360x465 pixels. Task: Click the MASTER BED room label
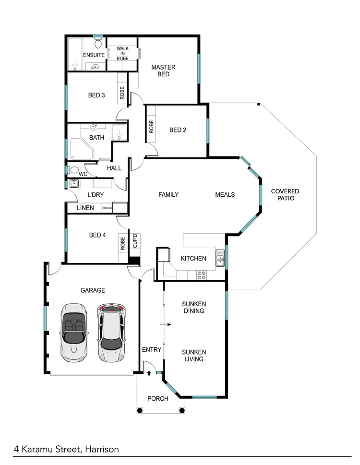[163, 71]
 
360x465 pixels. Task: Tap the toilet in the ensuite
[98, 44]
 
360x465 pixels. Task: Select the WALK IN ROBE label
[122, 53]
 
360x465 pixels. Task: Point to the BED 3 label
[96, 95]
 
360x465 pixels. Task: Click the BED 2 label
[178, 130]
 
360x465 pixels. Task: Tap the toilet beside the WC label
[72, 170]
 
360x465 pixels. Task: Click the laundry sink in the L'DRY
[74, 183]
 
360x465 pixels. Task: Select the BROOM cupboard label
[107, 208]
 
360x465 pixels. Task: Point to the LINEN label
[85, 208]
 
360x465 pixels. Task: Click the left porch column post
[140, 410]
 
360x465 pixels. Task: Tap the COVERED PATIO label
[285, 194]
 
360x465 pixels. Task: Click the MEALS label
[225, 194]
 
